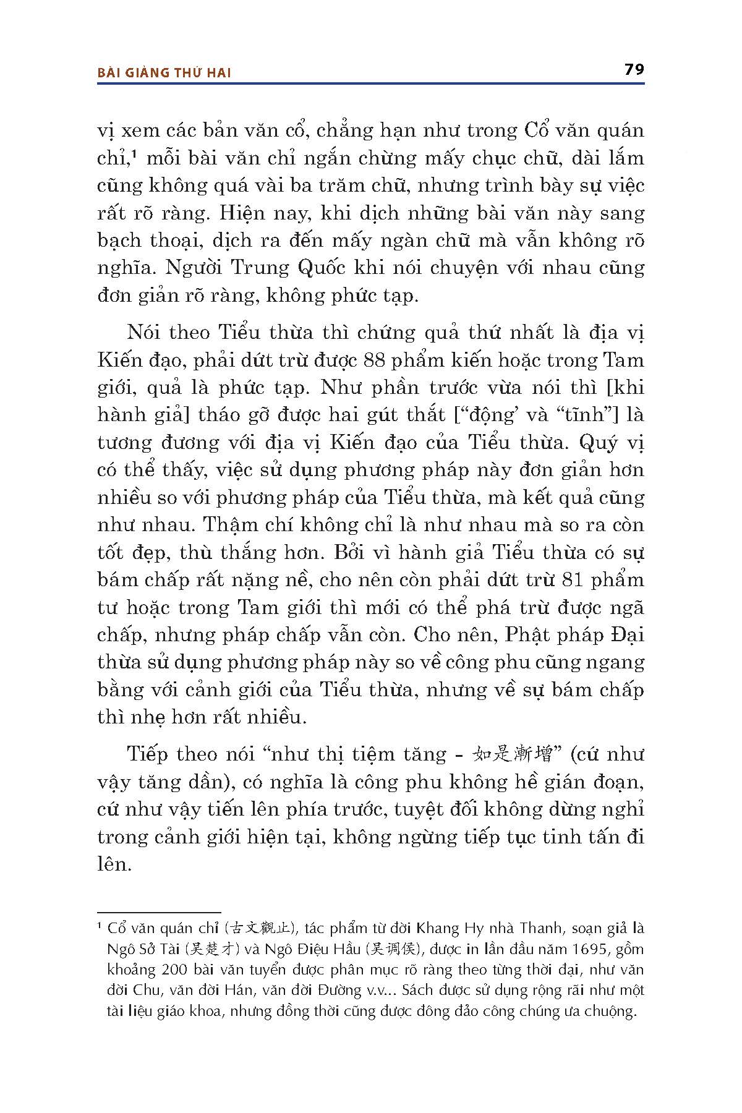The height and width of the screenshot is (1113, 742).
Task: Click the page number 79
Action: click(634, 69)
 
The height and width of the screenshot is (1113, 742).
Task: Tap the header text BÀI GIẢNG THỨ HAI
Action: click(164, 73)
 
